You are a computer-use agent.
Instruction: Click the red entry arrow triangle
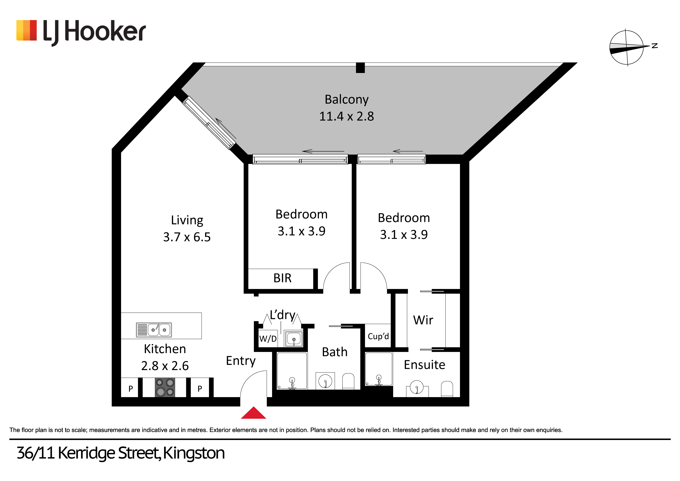click(254, 413)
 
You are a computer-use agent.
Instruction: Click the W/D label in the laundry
click(268, 338)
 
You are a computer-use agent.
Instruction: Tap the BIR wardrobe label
click(283, 278)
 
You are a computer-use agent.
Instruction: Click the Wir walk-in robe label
click(423, 320)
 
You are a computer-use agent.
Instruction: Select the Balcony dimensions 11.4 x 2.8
click(347, 116)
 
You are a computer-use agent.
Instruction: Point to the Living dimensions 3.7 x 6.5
click(187, 237)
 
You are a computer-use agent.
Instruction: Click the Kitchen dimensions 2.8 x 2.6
click(165, 366)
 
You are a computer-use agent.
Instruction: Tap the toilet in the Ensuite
click(447, 389)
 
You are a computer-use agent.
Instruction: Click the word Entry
click(241, 361)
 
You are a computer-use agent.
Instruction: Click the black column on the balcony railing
click(360, 68)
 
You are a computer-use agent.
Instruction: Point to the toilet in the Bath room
click(348, 381)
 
